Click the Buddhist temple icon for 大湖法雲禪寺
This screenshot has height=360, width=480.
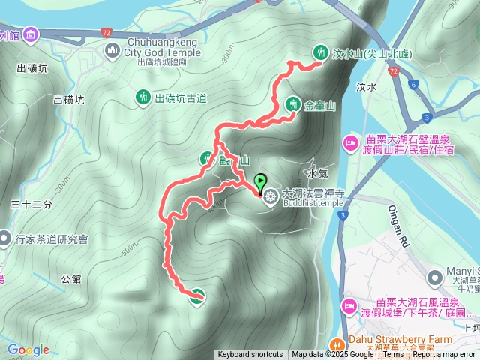[x=268, y=196]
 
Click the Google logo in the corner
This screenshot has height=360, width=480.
[x=28, y=349]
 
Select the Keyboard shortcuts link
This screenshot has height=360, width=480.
[x=250, y=355]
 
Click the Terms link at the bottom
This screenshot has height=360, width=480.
[x=393, y=355]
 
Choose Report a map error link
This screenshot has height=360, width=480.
[x=444, y=355]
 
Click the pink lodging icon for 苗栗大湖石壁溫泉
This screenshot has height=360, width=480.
[x=350, y=143]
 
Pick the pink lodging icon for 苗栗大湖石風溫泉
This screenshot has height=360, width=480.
[x=349, y=306]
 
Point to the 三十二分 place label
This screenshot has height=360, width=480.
[x=31, y=204]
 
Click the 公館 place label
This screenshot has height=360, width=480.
[x=71, y=278]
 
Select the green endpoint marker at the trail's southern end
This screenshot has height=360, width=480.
[x=196, y=296]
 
